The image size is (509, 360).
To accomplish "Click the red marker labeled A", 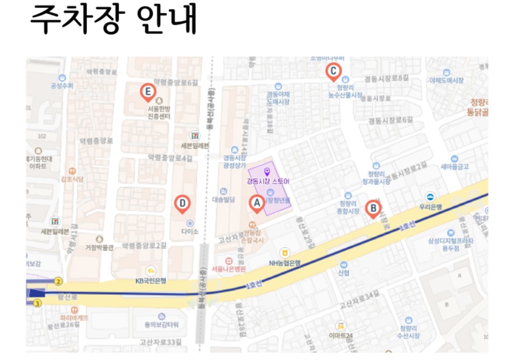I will click(257, 203).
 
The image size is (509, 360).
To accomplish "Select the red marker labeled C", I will click(333, 71).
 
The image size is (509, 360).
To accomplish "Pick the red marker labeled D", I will click(182, 203).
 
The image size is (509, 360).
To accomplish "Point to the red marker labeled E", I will click(147, 91).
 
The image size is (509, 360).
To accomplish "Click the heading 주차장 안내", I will click(113, 21).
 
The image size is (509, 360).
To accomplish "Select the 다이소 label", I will click(189, 232).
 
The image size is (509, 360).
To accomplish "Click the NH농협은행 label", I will click(285, 263).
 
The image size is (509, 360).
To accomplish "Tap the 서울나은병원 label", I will click(228, 268).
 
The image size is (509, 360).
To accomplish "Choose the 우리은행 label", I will click(430, 206).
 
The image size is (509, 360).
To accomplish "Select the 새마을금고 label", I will click(454, 166).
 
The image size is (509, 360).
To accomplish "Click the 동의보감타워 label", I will click(161, 325).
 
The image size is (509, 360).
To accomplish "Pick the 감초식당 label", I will click(72, 179).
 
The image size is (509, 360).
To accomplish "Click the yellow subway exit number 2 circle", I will click(59, 281).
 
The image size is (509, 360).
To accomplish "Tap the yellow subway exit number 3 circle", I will click(37, 304).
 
